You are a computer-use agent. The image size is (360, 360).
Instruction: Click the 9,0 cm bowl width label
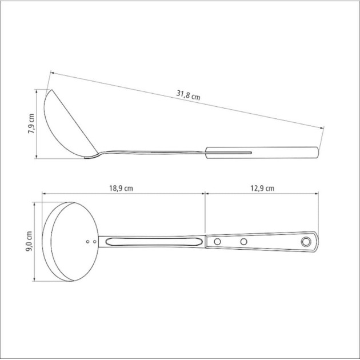coord(31,242)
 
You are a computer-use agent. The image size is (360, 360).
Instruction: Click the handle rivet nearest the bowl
coord(217,242)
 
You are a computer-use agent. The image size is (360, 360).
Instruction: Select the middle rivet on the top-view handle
coord(243,242)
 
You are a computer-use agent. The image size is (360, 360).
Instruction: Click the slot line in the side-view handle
coord(229,153)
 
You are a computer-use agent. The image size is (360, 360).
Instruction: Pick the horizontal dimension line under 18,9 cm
coord(123,194)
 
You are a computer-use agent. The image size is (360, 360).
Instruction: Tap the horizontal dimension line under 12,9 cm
coord(263,194)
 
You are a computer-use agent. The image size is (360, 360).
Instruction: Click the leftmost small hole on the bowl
coord(87,242)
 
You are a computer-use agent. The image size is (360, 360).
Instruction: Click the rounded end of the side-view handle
coord(318,152)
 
